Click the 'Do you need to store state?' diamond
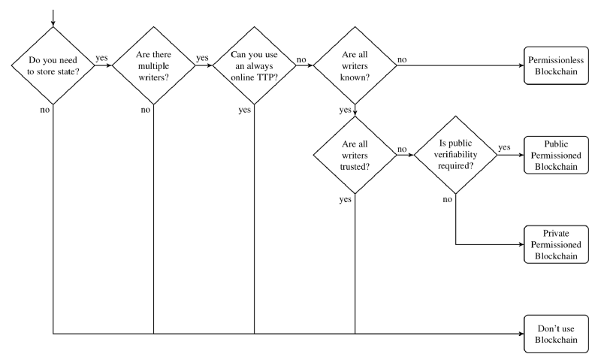click(53, 65)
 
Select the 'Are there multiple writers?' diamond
click(154, 65)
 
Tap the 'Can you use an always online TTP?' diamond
click(254, 65)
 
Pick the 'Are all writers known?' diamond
click(355, 65)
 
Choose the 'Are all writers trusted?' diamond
click(355, 156)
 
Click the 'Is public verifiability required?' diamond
click(456, 155)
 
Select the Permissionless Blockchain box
click(556, 65)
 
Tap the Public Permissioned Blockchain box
click(556, 156)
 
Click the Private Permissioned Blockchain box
click(556, 244)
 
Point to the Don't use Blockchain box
click(556, 334)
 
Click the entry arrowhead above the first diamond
click(53, 24)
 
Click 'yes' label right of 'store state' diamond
click(101, 58)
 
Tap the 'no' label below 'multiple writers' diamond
click(146, 110)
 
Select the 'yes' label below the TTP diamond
click(245, 110)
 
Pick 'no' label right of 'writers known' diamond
click(402, 60)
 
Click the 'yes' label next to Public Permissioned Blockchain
click(504, 147)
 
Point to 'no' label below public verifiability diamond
click(447, 199)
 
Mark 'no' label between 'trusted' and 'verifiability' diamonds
click(402, 149)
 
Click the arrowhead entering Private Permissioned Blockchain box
click(521, 244)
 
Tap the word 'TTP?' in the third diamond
click(269, 77)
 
